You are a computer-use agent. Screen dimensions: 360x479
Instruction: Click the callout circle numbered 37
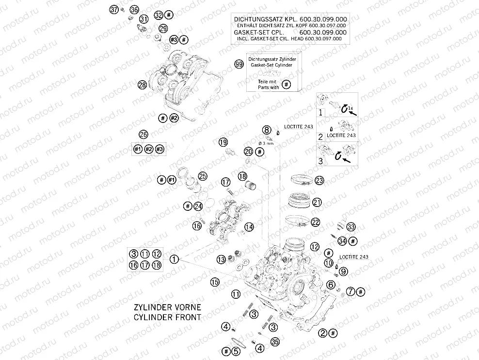114,9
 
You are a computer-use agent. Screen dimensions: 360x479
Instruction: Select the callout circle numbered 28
142,85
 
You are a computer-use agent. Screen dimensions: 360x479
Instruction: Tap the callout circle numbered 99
239,64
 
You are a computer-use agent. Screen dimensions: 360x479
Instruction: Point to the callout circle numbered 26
143,134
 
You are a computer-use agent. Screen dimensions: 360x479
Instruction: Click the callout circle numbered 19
223,142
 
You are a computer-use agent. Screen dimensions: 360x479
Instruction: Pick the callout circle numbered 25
202,176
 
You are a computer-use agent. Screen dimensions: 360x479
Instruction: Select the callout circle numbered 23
319,181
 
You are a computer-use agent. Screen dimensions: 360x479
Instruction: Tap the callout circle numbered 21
317,202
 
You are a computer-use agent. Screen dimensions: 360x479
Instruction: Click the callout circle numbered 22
316,222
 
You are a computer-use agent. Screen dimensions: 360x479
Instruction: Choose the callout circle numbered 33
351,226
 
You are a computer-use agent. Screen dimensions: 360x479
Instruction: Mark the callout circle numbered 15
215,281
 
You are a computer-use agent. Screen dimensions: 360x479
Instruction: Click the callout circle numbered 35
275,343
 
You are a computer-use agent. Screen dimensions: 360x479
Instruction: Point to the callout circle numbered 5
236,351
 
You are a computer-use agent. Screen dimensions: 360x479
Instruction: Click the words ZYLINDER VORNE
167,308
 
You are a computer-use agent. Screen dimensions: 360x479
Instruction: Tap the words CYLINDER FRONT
167,317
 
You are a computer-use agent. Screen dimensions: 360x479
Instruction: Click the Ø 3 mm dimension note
266,143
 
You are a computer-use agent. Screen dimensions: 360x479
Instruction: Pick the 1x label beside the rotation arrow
351,107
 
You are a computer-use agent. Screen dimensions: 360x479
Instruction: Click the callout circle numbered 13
221,259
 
